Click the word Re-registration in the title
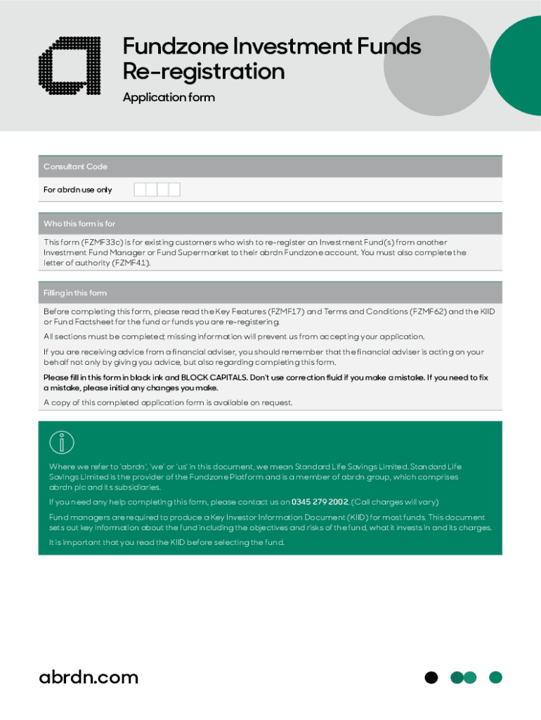point(204,72)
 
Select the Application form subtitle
point(169,98)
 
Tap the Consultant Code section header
point(75,167)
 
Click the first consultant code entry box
point(140,189)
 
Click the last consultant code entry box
point(174,189)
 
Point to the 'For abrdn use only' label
point(77,190)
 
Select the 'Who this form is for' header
point(79,224)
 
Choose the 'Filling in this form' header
point(75,292)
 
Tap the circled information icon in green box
point(62,442)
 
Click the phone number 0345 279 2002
point(320,502)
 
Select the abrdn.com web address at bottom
point(89,677)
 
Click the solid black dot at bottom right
point(431,678)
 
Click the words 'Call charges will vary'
point(394,502)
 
